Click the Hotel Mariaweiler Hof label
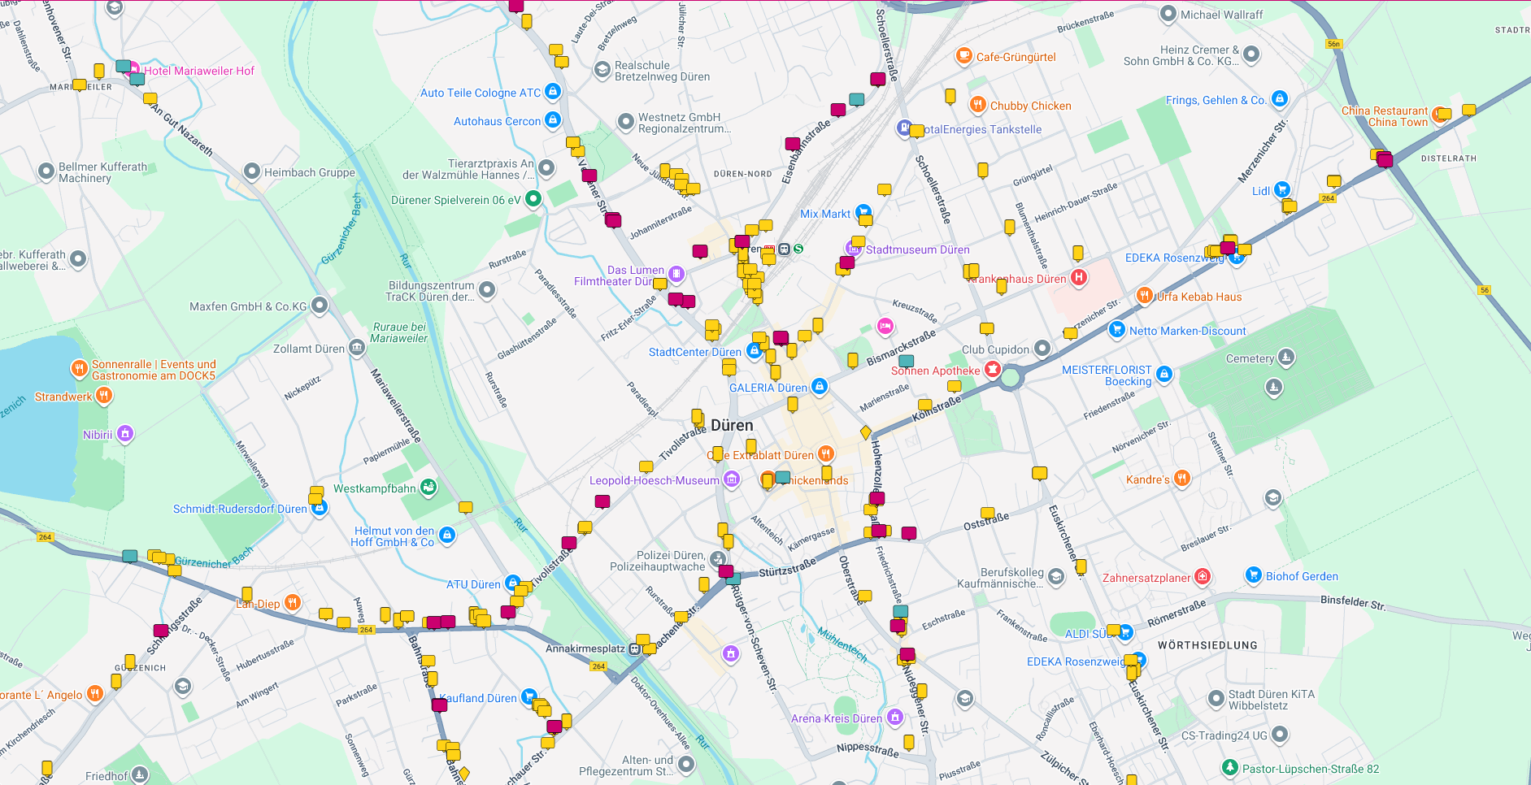(x=199, y=71)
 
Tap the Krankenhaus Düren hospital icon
(x=1078, y=278)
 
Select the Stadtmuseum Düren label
(x=917, y=249)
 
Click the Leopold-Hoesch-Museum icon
(x=732, y=480)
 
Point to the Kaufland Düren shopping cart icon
(x=528, y=697)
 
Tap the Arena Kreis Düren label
(x=836, y=718)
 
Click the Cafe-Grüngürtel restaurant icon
(x=963, y=56)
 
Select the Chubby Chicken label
(x=1030, y=106)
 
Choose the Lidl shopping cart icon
(x=1282, y=190)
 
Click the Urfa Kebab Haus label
(x=1199, y=297)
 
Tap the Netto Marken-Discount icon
(x=1117, y=330)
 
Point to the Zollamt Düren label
(x=309, y=349)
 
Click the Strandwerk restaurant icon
(x=104, y=396)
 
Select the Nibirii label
(x=98, y=435)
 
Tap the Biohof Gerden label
(x=1301, y=576)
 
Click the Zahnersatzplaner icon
(x=1202, y=577)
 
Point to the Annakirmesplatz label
(x=585, y=648)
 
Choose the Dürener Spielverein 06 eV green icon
(x=533, y=198)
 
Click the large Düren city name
(x=732, y=425)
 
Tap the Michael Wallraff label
(x=1221, y=15)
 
